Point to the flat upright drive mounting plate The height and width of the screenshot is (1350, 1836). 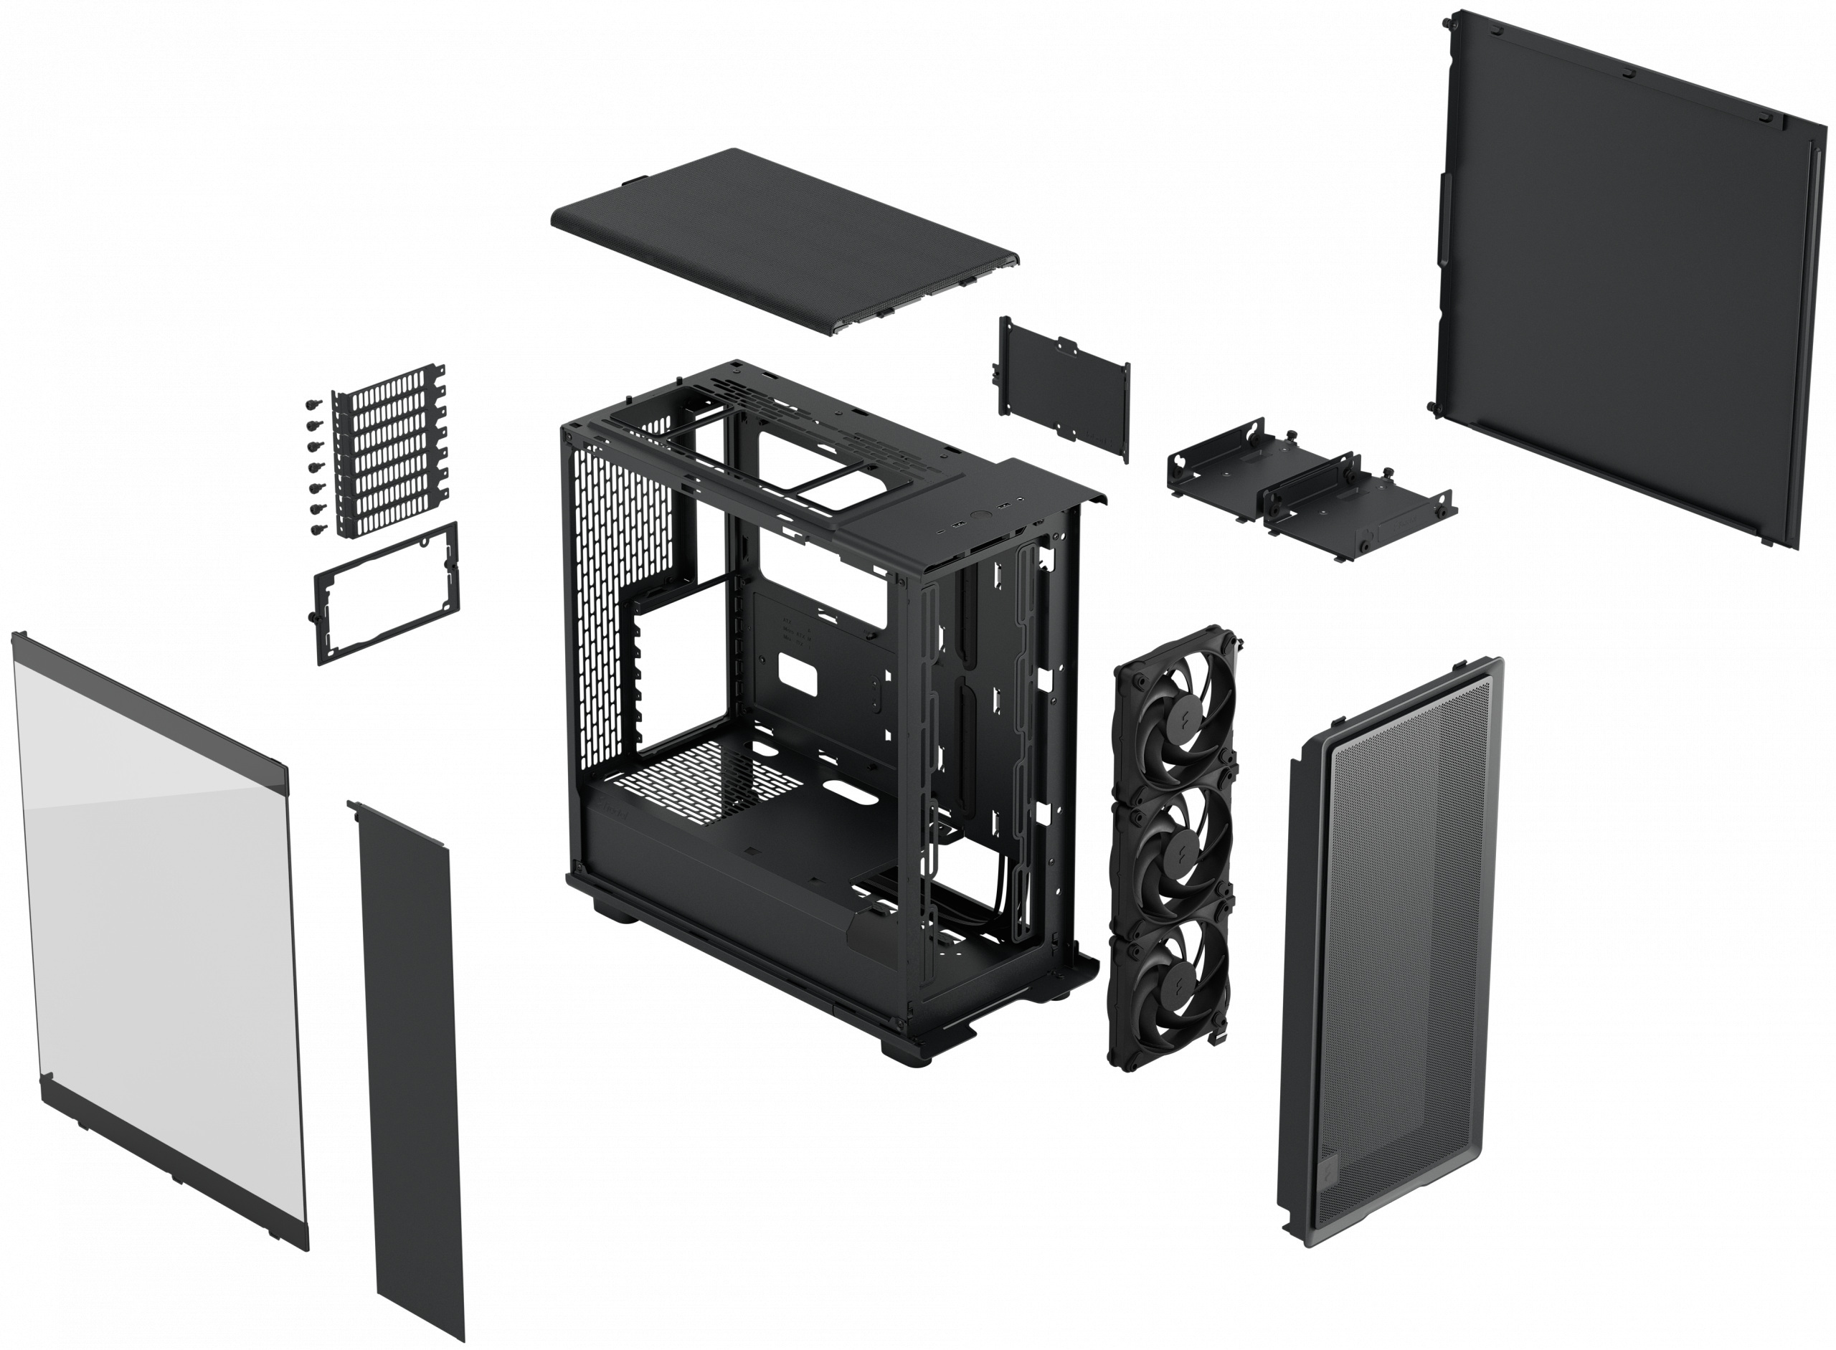[x=1063, y=390]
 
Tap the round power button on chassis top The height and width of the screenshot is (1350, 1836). [x=979, y=515]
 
